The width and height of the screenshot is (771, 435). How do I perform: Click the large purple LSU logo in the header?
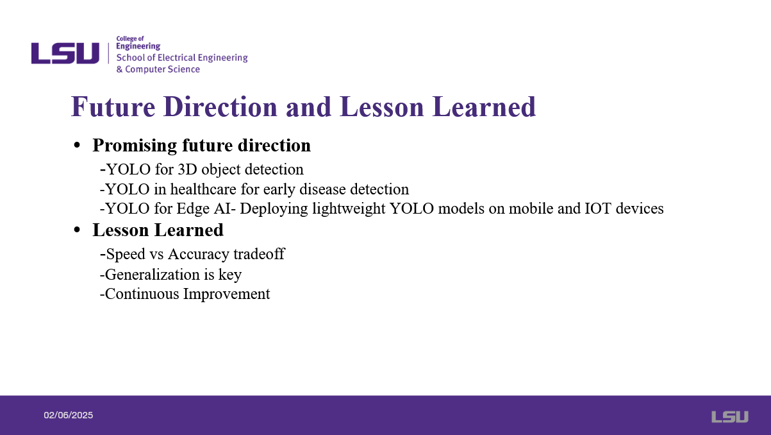(65, 53)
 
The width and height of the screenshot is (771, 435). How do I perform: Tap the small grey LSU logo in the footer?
(730, 417)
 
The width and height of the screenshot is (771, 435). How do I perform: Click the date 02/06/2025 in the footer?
(68, 415)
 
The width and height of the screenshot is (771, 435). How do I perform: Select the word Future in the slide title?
(113, 107)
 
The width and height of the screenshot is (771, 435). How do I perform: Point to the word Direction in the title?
(220, 107)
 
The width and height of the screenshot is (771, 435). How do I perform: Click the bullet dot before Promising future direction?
(77, 145)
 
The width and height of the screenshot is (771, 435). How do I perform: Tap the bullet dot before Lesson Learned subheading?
(77, 230)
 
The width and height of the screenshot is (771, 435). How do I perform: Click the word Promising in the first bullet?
(135, 146)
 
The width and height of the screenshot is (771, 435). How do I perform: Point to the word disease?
(322, 189)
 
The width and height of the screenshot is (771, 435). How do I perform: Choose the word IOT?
(598, 209)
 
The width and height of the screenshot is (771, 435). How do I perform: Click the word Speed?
(126, 254)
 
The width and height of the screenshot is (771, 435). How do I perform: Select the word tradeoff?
(259, 254)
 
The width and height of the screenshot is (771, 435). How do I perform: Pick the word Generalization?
(152, 275)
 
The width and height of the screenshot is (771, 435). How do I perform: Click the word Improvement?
(226, 294)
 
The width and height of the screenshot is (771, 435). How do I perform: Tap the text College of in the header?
(130, 38)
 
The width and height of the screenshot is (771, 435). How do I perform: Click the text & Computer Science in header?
(158, 69)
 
